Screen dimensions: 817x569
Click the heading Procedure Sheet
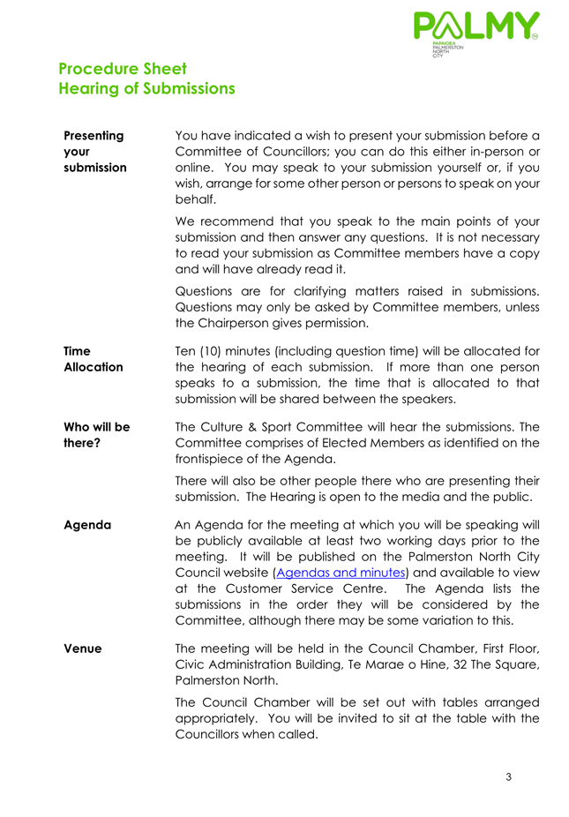(123, 69)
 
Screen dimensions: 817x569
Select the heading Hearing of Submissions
(146, 88)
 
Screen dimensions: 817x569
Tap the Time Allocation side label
(94, 358)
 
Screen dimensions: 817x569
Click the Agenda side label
(87, 525)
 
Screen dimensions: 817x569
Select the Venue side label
(83, 648)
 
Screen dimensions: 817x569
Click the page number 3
(509, 777)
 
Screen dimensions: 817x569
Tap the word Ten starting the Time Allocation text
(188, 350)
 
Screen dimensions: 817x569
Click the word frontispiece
(217, 459)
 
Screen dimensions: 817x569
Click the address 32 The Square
(496, 664)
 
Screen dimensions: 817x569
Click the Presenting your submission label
(94, 152)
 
